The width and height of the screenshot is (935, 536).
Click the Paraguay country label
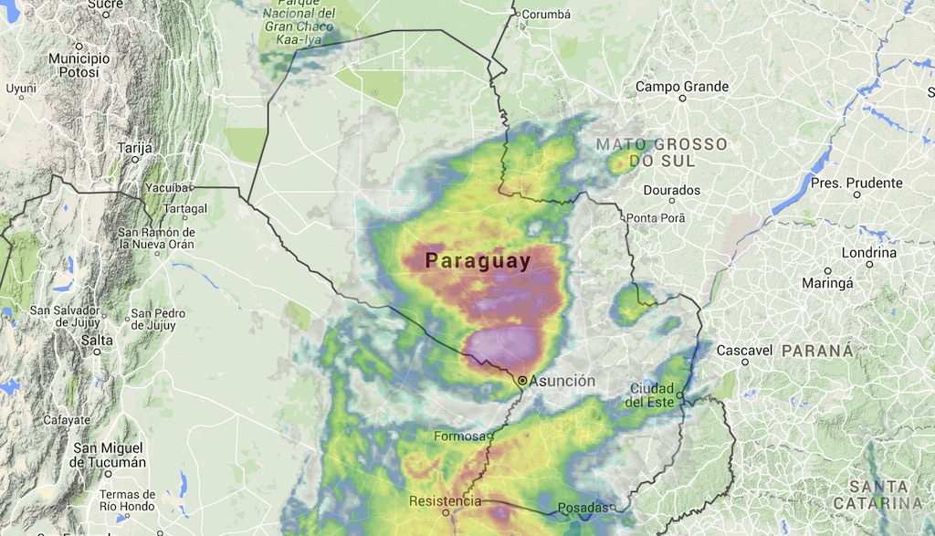(x=478, y=261)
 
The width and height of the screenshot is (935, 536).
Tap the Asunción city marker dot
(x=522, y=380)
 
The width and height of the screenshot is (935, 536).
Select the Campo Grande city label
(x=682, y=87)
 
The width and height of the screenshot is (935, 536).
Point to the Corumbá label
(x=545, y=14)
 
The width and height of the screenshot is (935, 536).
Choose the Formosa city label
(x=459, y=436)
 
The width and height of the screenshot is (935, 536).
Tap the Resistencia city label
(x=445, y=501)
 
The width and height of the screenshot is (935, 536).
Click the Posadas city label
(x=582, y=508)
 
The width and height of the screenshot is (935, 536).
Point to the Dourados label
(x=672, y=190)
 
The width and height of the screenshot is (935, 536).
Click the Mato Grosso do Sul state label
(x=661, y=152)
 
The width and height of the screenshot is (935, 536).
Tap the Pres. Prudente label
(x=856, y=183)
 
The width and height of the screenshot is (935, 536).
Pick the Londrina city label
(x=868, y=253)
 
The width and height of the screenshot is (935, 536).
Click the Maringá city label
(x=826, y=283)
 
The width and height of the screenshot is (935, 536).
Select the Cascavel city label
(x=745, y=351)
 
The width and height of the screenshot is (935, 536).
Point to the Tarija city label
(x=134, y=147)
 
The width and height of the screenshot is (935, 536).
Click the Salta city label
(x=97, y=340)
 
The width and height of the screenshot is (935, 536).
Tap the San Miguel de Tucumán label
(x=110, y=455)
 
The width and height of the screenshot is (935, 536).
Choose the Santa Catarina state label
(x=884, y=495)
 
